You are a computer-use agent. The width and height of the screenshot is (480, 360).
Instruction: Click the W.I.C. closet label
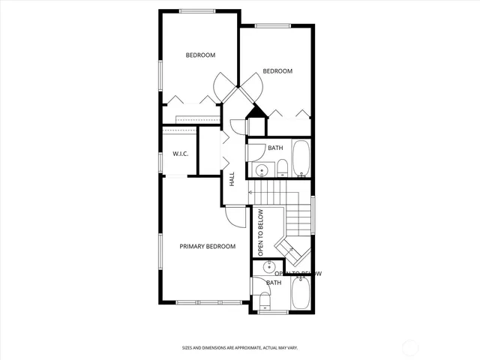tap(180, 154)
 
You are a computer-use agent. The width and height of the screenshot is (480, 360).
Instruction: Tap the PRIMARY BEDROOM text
tap(207, 246)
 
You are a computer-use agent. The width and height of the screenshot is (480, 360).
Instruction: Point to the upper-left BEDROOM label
tap(200, 55)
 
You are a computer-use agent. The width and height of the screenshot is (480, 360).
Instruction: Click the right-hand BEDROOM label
tap(277, 71)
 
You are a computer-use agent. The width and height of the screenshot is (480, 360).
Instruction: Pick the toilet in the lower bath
tap(264, 300)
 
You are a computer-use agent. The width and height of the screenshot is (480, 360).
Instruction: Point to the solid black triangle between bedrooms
tap(257, 112)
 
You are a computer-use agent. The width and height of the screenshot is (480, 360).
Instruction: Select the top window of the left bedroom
tap(196, 10)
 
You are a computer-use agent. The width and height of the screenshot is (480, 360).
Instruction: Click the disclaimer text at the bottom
tap(239, 347)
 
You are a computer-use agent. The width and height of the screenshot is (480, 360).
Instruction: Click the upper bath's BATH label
tap(275, 148)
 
